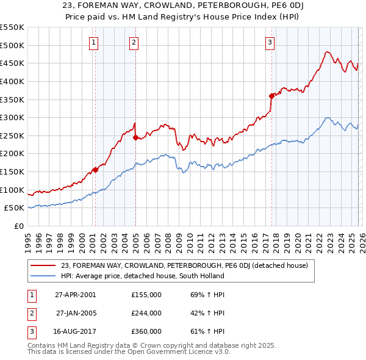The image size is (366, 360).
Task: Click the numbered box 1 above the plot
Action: pyautogui.click(x=94, y=42)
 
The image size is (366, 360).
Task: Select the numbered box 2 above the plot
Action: pyautogui.click(x=134, y=42)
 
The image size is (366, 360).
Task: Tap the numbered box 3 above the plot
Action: pyautogui.click(x=270, y=42)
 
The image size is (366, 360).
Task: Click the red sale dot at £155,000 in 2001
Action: pyautogui.click(x=95, y=170)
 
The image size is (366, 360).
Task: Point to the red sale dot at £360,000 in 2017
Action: pyautogui.click(x=271, y=95)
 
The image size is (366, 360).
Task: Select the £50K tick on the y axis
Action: pyautogui.click(x=15, y=208)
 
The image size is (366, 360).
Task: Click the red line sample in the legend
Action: pyautogui.click(x=44, y=265)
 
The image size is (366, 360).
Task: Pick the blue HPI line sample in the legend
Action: pyautogui.click(x=44, y=276)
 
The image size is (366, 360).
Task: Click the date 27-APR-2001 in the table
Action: pyautogui.click(x=75, y=294)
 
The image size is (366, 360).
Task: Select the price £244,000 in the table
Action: pyautogui.click(x=146, y=313)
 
